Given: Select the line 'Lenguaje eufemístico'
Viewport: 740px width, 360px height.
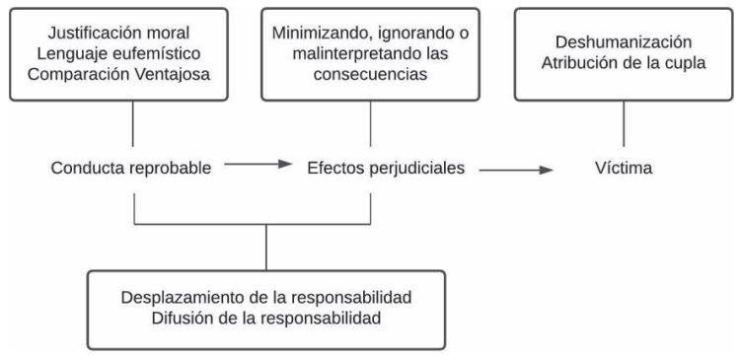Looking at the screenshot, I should pos(132,48).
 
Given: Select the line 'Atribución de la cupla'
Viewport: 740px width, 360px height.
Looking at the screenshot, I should pos(623,60).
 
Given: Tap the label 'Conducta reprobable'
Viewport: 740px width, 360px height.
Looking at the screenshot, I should pos(132,168).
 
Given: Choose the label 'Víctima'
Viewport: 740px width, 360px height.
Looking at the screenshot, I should pos(623,169).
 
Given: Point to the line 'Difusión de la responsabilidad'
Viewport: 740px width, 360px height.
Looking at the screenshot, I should pos(267,321).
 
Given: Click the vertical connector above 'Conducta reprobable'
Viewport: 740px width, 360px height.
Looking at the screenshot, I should pos(132,123).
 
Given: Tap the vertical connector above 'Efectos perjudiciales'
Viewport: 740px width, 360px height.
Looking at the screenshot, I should pos(371,123).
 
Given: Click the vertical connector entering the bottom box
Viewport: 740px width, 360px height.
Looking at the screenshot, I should pos(267,247).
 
